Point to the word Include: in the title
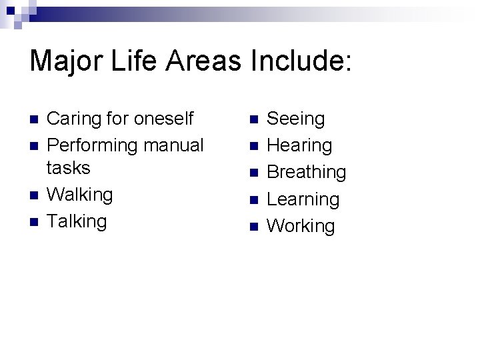point(301,61)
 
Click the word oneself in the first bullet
point(163,119)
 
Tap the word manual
point(173,145)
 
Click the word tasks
point(68,167)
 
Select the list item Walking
point(79,195)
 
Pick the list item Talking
point(77,221)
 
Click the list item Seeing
point(295,119)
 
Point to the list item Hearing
point(299,145)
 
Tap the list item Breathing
point(306,172)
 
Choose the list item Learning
point(303,199)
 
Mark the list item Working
point(301,226)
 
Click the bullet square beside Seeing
point(253,120)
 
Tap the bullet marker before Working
point(253,227)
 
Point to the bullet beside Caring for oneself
point(33,120)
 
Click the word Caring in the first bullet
point(70,119)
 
